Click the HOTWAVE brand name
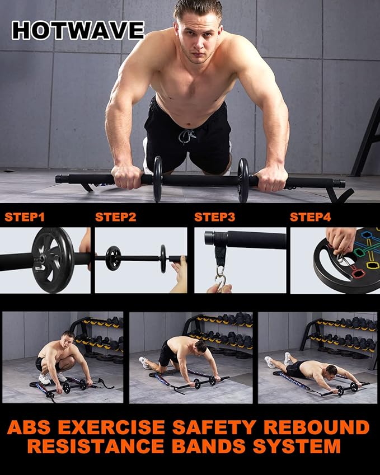click(x=78, y=30)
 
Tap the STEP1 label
click(x=25, y=217)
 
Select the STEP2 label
click(x=115, y=217)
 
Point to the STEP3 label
click(x=214, y=217)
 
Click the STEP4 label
click(x=311, y=217)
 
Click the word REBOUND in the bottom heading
click(x=316, y=428)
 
